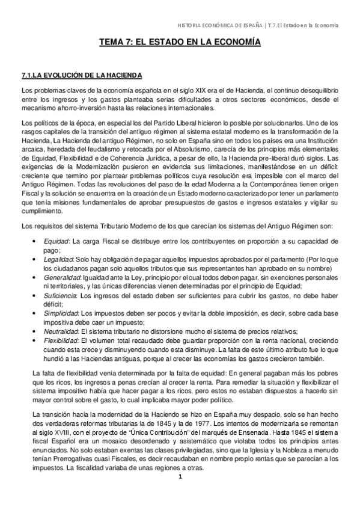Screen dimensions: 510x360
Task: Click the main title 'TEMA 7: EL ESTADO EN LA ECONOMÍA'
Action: [180, 43]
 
